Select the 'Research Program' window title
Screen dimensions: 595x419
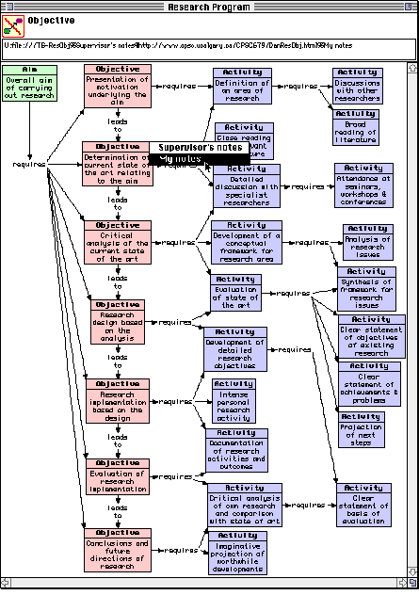[x=208, y=6]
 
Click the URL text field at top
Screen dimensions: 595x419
[x=208, y=44]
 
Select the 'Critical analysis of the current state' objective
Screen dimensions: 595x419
[x=118, y=242]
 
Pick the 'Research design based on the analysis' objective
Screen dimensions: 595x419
[x=118, y=321]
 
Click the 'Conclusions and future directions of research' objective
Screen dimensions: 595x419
[x=118, y=549]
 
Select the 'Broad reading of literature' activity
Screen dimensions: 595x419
[x=359, y=126]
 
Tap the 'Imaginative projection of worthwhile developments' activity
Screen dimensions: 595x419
[x=237, y=552]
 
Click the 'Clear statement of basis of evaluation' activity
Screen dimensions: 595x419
[x=362, y=506]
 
